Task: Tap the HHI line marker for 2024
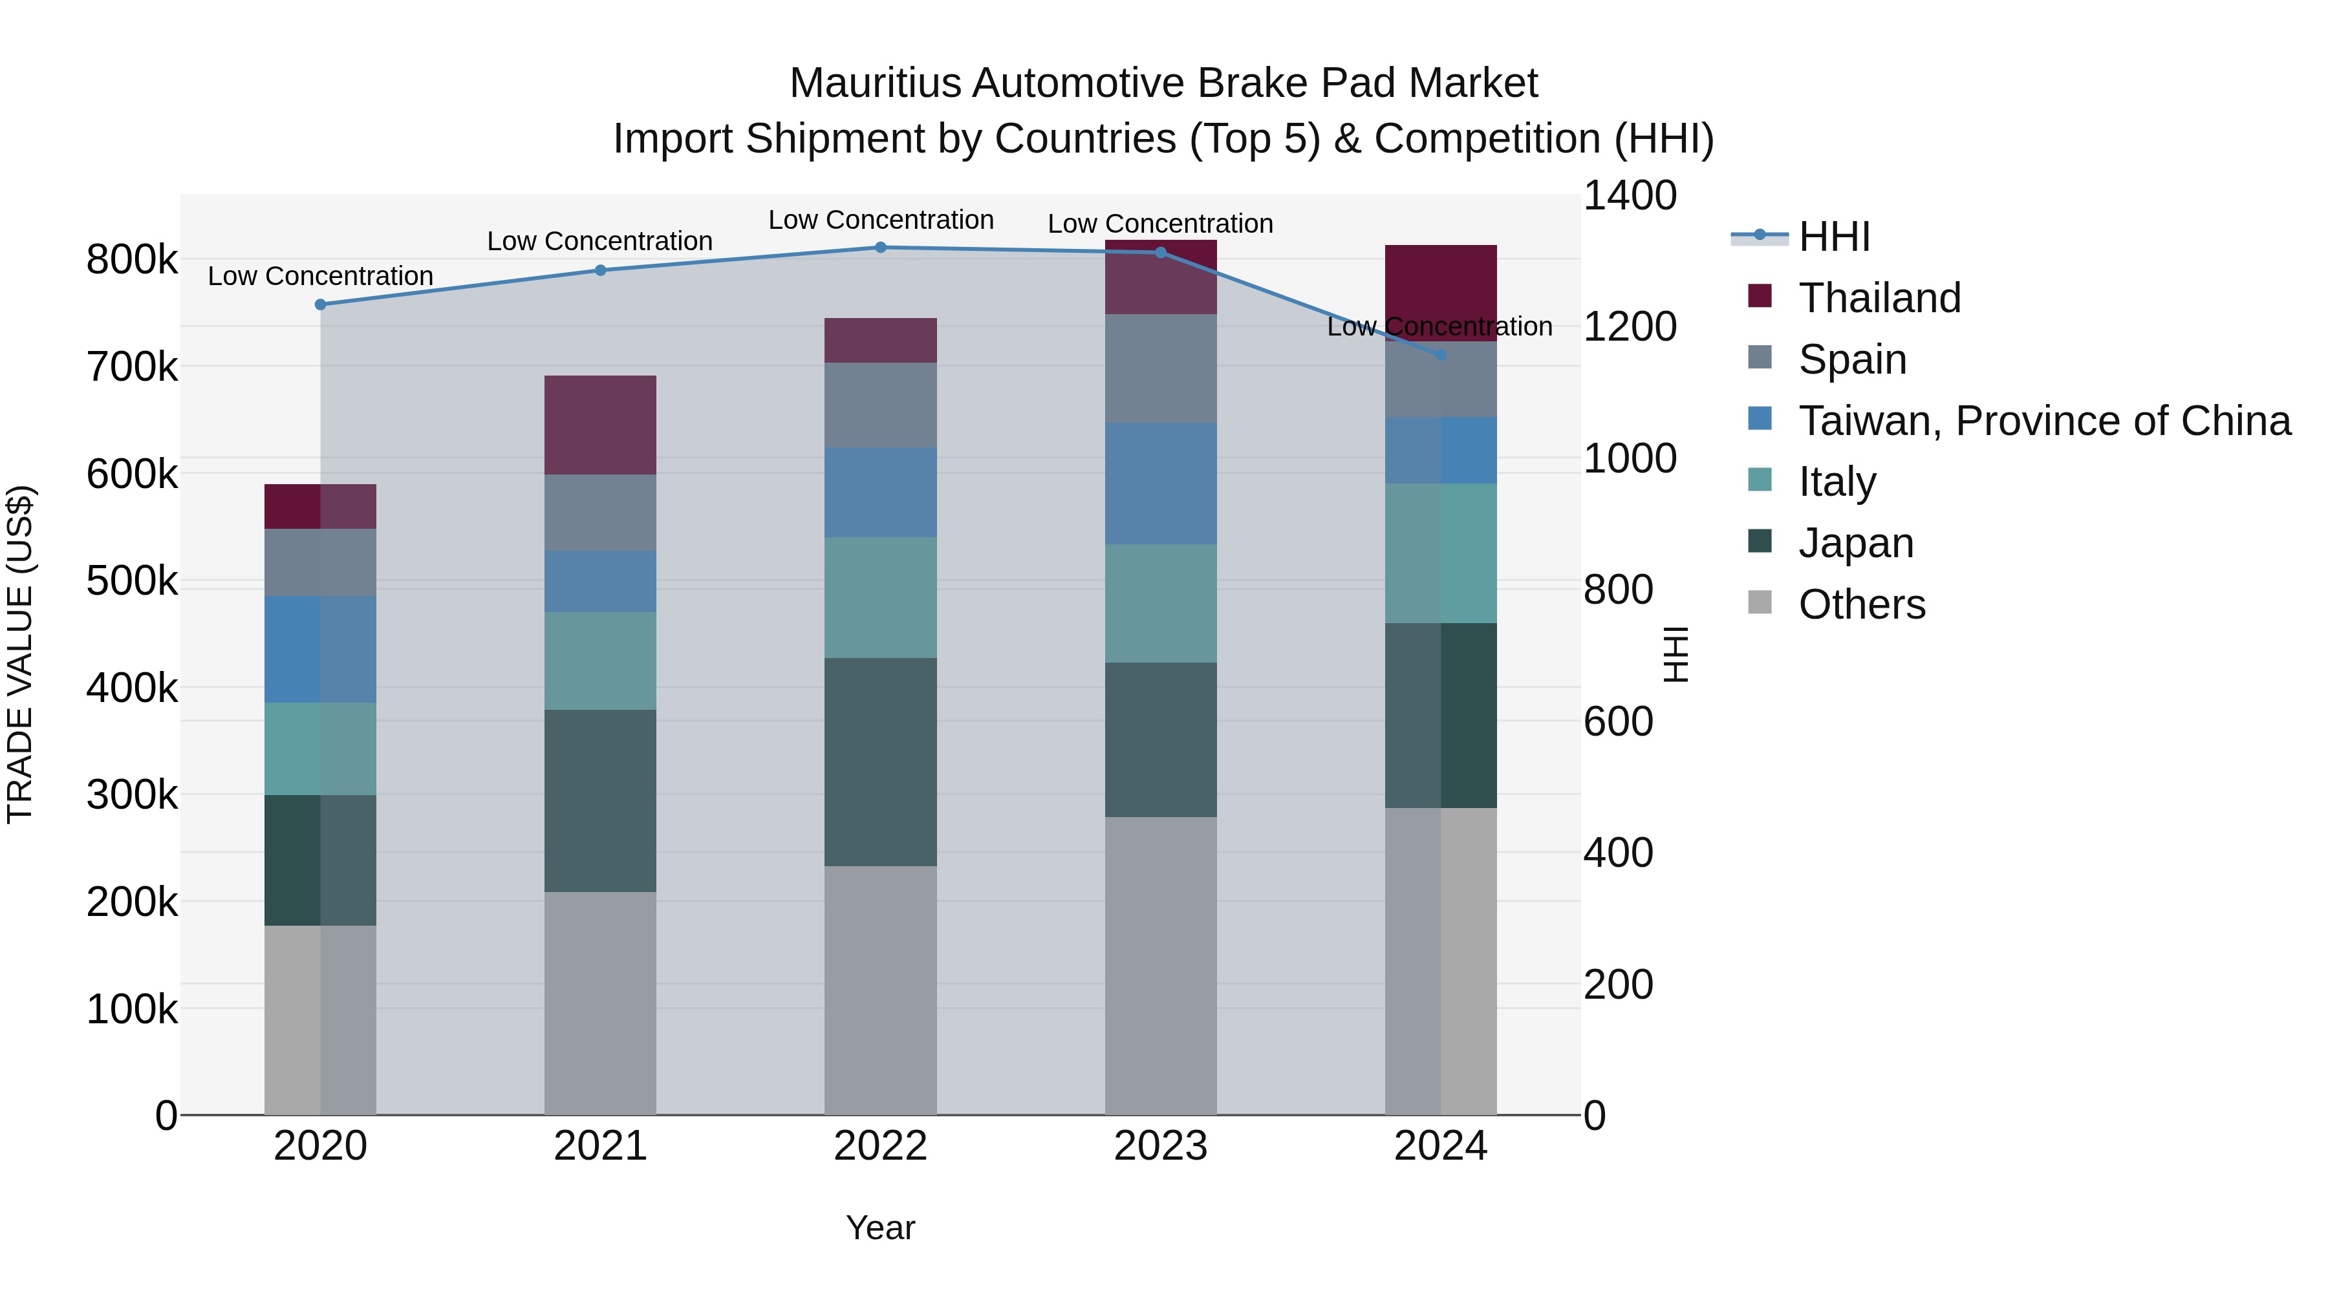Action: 1441,355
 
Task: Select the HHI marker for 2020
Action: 320,304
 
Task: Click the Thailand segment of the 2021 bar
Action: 600,425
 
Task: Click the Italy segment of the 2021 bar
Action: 600,661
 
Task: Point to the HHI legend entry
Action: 1834,237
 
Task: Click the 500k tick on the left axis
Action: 132,581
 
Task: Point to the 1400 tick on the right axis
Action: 1630,195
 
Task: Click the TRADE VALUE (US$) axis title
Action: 20,654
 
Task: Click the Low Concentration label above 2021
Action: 599,241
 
